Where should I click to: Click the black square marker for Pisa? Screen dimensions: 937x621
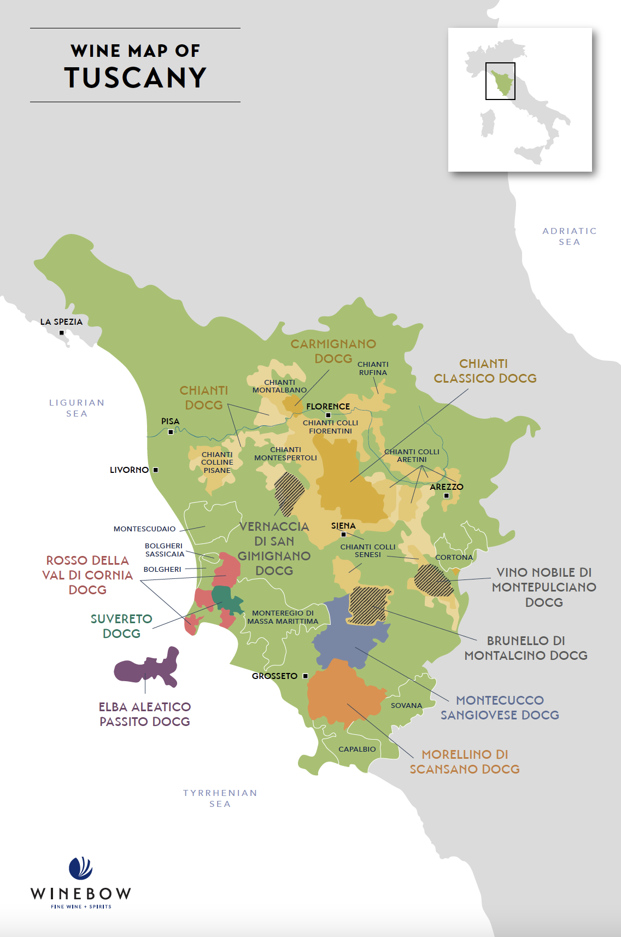pos(171,432)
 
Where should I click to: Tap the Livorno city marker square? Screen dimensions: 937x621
pos(156,470)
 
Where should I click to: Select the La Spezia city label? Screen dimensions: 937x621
pos(61,321)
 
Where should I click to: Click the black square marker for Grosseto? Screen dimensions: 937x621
pos(305,676)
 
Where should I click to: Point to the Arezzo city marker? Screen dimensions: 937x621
pos(446,496)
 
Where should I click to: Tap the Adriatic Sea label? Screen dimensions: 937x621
pos(569,236)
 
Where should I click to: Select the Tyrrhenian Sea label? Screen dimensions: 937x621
pos(220,798)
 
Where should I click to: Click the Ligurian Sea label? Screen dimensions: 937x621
pos(77,408)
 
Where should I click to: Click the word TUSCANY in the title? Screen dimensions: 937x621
pos(135,77)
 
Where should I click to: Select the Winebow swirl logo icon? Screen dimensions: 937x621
pos(80,868)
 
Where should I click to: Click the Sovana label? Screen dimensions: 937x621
pos(406,705)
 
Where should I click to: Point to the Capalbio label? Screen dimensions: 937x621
pos(357,749)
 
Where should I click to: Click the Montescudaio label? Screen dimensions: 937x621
pos(144,529)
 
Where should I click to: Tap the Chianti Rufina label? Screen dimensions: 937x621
pos(373,368)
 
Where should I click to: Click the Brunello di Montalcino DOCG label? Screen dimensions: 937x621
pos(526,648)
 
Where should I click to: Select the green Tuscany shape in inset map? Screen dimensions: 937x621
pos(502,82)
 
